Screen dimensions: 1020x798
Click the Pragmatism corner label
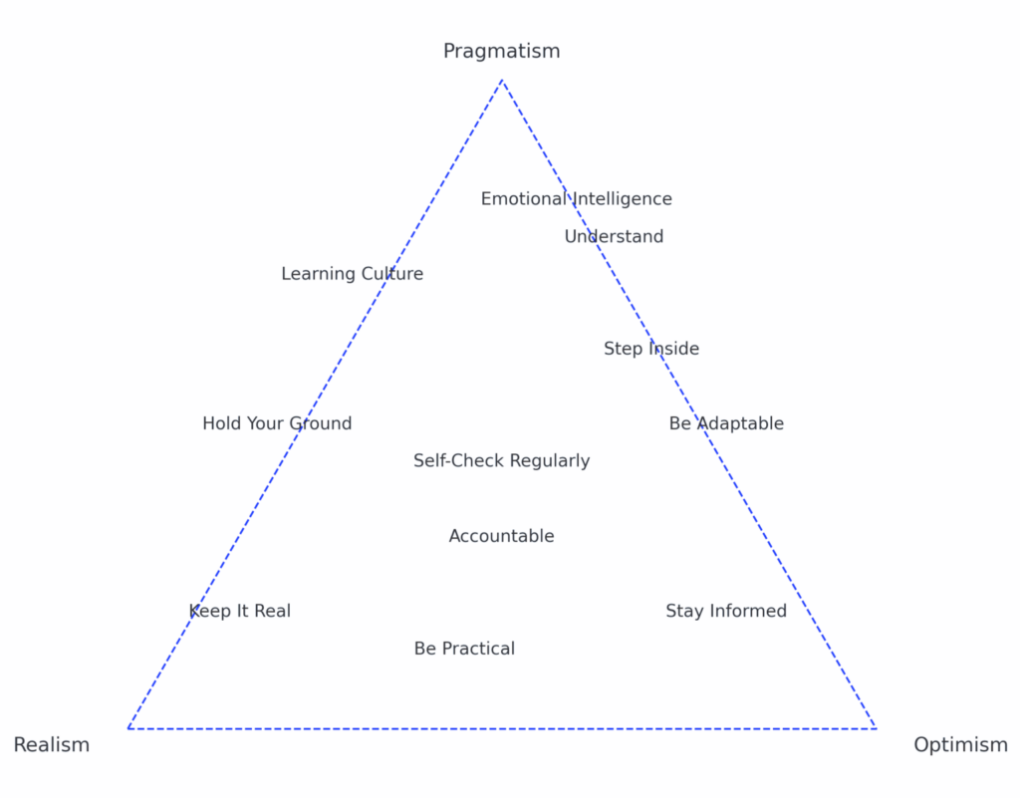(502, 51)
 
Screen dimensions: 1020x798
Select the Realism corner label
(52, 744)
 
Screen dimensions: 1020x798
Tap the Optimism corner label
(961, 744)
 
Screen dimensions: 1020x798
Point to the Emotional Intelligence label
(577, 199)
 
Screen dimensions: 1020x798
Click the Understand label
(614, 236)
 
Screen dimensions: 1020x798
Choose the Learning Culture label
(352, 274)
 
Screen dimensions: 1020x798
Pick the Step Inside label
(651, 350)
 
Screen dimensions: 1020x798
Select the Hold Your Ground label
(277, 423)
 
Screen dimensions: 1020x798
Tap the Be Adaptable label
(726, 423)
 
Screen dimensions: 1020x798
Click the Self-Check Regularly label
(502, 461)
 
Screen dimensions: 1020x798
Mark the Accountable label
(502, 536)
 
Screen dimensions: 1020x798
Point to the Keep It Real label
(240, 612)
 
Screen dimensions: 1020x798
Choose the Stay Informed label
(726, 612)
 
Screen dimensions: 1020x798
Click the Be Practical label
(464, 649)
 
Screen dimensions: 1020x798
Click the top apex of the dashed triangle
(502, 80)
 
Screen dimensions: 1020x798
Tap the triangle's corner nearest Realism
(128, 728)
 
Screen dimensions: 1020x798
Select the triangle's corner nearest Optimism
(876, 728)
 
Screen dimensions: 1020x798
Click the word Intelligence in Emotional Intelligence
(622, 199)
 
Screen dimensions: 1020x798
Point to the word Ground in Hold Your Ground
(320, 423)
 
